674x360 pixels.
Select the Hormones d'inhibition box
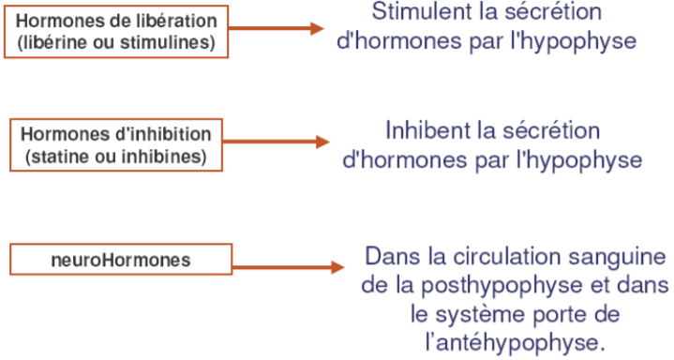[x=115, y=144]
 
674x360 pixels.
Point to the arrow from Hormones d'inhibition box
[x=276, y=142]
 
